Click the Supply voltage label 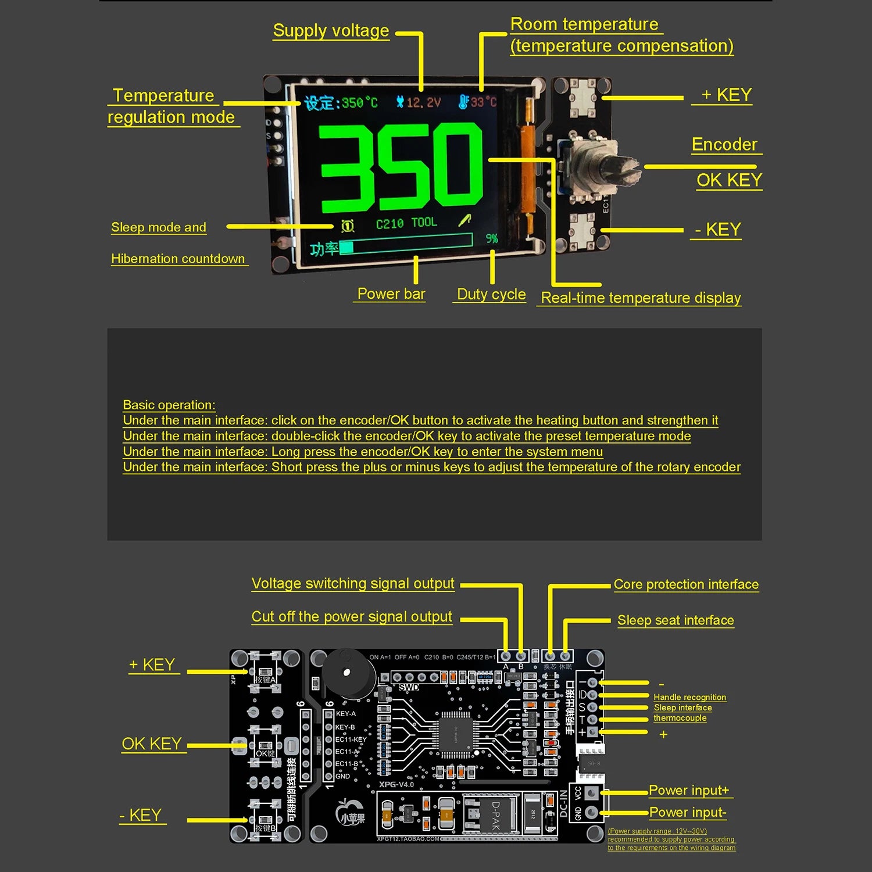(331, 31)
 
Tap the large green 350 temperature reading (401, 168)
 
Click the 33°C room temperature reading (483, 102)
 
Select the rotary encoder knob (605, 169)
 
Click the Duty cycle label (491, 294)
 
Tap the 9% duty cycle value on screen (492, 238)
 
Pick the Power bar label (391, 294)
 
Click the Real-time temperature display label (641, 298)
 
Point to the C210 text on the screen (389, 224)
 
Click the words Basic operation (169, 405)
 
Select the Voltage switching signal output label (353, 584)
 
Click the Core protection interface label (686, 585)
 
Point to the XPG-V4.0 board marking (396, 784)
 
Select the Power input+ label (689, 791)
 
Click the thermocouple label (680, 718)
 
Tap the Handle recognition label (689, 697)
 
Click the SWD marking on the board (409, 687)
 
